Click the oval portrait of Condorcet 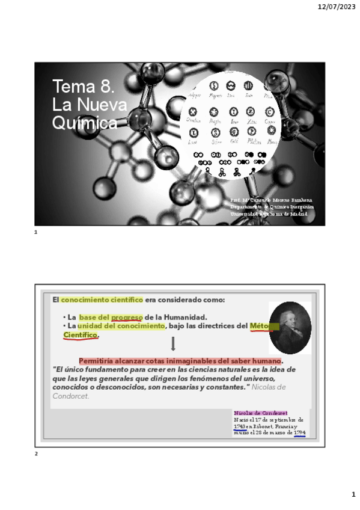[x=289, y=328]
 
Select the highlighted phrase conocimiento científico [x=101, y=300]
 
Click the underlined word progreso [x=127, y=318]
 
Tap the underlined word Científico [x=81, y=334]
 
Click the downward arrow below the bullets [x=173, y=344]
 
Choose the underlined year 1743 [x=239, y=426]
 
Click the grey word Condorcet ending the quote [x=70, y=396]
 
